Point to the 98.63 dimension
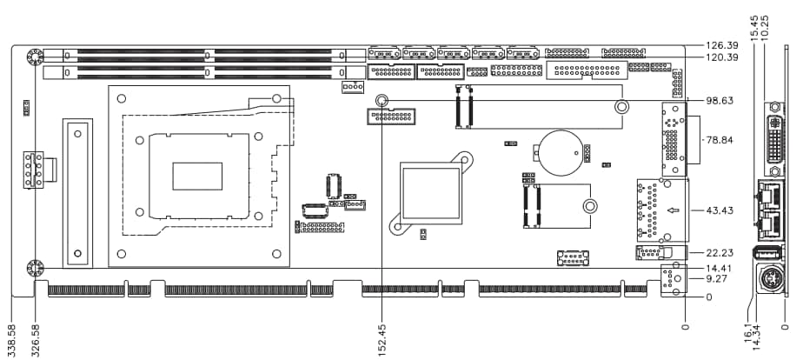coord(720,101)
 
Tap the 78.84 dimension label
coord(720,139)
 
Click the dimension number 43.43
coord(720,211)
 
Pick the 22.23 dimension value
coord(720,252)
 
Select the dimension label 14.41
coord(720,268)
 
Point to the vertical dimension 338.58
coord(11,340)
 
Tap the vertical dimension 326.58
coord(36,340)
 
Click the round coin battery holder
coord(558,149)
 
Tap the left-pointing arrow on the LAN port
coord(672,210)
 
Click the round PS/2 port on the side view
coord(772,281)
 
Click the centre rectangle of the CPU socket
coord(197,176)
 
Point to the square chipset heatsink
coord(429,193)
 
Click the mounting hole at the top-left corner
coord(35,57)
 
